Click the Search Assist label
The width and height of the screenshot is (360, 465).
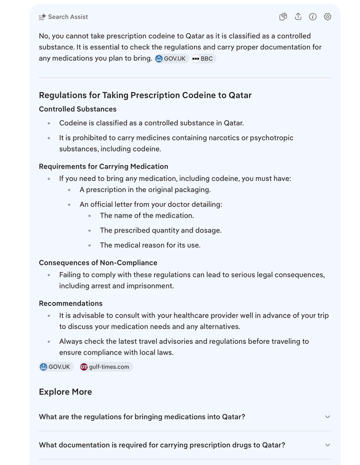click(x=67, y=17)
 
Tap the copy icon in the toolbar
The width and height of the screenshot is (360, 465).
click(x=283, y=17)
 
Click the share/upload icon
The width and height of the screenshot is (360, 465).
click(x=298, y=17)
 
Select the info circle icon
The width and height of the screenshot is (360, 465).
click(x=313, y=17)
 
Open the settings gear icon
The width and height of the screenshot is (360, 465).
click(x=327, y=17)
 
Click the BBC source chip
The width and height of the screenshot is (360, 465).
click(x=203, y=58)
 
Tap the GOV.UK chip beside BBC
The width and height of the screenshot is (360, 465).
click(x=171, y=58)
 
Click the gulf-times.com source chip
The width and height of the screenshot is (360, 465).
click(x=105, y=367)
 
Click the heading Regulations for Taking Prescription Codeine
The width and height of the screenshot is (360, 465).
click(x=145, y=95)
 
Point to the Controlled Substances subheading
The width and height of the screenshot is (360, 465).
click(x=77, y=109)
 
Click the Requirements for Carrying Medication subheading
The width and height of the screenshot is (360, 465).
click(x=103, y=166)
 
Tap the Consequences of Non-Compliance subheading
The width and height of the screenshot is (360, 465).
click(x=98, y=262)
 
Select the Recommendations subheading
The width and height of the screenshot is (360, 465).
click(x=70, y=303)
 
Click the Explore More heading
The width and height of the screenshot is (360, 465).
click(x=65, y=392)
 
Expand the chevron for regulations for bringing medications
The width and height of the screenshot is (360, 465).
click(x=327, y=417)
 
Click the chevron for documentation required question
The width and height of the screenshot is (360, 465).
click(x=327, y=445)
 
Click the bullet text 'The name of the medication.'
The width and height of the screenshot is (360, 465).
click(x=146, y=215)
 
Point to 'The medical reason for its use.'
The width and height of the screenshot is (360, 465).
click(x=150, y=245)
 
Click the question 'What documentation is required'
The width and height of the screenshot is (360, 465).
click(x=162, y=445)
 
